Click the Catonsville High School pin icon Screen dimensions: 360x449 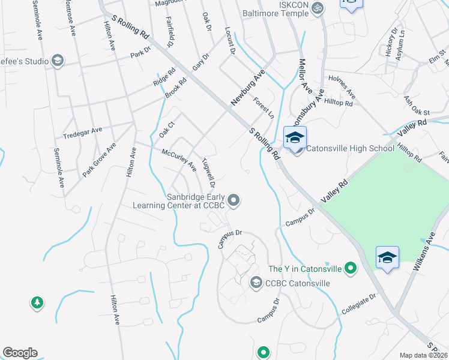point(295,137)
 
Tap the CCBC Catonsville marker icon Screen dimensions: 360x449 point(256,283)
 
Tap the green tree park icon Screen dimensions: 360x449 point(37,302)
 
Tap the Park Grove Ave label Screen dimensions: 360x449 point(99,159)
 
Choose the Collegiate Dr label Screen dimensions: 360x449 point(358,303)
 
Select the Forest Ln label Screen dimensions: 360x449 point(263,108)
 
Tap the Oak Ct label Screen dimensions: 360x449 point(166,130)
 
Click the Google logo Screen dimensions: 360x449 point(20,353)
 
